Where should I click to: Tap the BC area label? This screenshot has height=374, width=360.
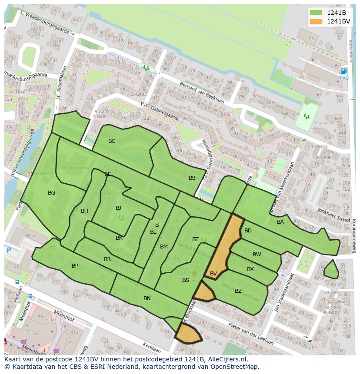(112, 141)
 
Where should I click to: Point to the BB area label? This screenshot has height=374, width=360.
(192, 178)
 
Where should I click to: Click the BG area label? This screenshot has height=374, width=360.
(51, 193)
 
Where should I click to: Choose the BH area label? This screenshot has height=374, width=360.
(84, 212)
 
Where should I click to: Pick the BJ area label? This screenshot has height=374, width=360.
(118, 208)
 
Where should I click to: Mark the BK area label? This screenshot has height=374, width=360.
(119, 238)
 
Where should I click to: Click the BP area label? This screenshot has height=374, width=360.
(75, 266)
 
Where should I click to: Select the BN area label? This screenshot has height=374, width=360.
(147, 298)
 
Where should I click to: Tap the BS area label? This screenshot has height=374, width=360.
(186, 280)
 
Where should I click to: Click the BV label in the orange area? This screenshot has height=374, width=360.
(213, 274)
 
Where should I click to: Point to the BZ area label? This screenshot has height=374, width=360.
(238, 291)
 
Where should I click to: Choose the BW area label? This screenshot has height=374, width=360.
(257, 255)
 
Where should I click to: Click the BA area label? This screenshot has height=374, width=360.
(280, 222)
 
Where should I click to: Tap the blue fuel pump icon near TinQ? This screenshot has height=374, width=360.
(344, 71)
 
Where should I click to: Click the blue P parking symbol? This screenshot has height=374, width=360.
(9, 251)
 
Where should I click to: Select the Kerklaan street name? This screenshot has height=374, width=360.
(152, 348)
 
